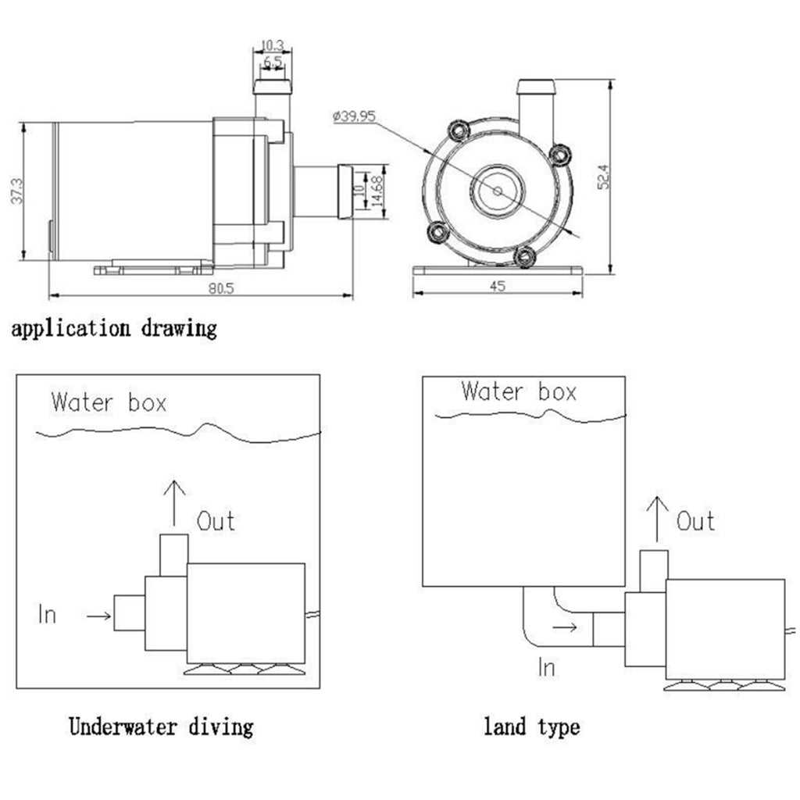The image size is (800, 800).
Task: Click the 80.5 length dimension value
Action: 222,287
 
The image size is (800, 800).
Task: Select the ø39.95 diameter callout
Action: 354,116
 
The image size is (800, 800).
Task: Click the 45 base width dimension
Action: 498,286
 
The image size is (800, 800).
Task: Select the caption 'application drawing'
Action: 113,328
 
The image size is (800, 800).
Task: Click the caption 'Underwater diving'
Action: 162,727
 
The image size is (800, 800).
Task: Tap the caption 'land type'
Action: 531,727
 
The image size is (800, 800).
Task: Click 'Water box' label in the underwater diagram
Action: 109,403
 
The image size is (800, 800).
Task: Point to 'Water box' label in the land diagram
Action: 519,391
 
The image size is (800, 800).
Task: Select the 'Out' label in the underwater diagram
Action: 216,520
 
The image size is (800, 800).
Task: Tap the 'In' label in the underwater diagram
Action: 47,616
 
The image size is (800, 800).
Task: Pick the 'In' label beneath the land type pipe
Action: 547,667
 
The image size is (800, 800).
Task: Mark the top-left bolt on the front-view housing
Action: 457,129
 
